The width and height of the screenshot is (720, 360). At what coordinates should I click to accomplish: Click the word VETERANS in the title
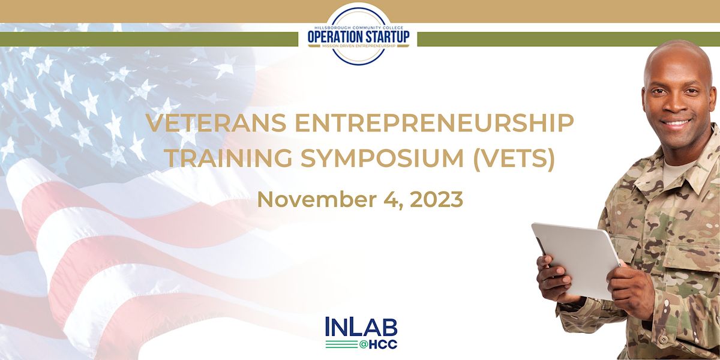217,123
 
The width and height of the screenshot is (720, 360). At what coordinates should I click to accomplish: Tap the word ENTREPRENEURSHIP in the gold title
434,123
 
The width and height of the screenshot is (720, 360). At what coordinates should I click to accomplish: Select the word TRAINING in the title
229,158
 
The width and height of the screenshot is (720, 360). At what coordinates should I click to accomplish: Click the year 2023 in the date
437,200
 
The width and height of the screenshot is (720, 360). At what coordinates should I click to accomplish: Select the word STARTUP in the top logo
386,37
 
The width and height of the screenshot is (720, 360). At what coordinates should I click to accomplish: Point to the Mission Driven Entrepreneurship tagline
358,46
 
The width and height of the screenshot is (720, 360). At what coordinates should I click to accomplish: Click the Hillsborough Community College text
358,28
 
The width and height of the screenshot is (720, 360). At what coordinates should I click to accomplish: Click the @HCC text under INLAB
379,345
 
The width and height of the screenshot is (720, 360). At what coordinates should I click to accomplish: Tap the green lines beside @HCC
341,344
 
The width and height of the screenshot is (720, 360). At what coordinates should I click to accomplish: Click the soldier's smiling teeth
677,123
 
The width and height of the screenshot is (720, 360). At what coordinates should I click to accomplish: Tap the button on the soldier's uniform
662,339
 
